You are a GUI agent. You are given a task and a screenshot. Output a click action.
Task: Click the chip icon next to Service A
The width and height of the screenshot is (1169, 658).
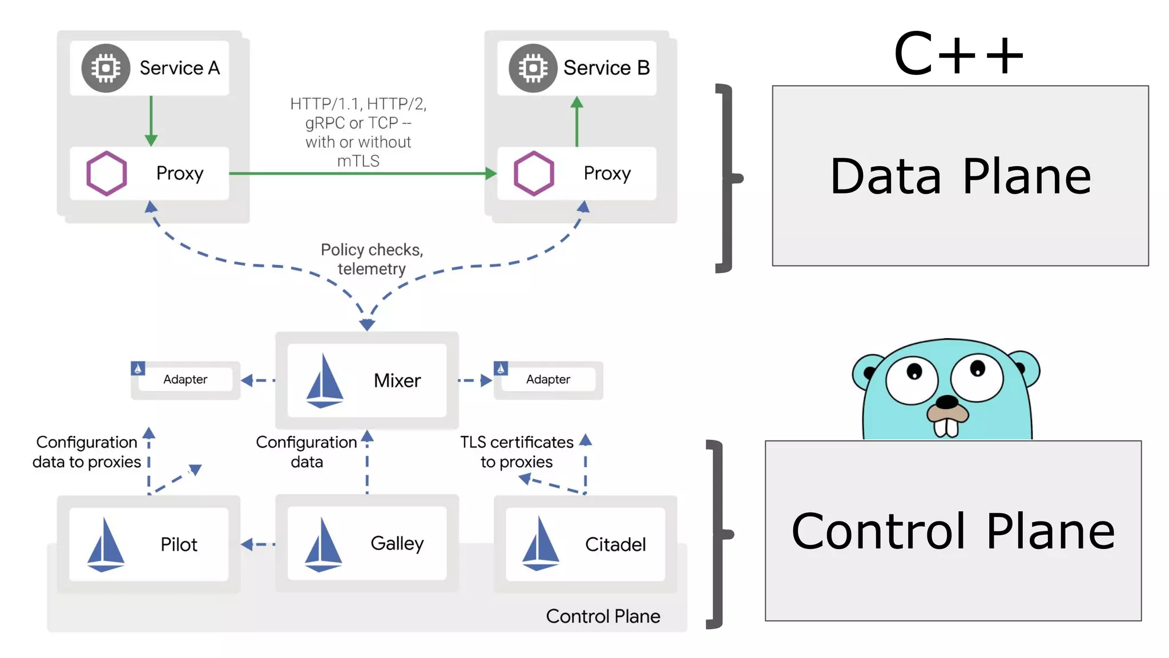pyautogui.click(x=106, y=68)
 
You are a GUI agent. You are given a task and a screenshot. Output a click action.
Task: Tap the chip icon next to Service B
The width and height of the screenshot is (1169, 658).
pyautogui.click(x=533, y=68)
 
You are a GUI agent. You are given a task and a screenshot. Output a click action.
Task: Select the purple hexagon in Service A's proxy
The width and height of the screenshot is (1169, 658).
pyautogui.click(x=106, y=173)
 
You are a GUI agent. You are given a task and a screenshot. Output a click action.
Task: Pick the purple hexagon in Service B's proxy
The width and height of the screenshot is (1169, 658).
pyautogui.click(x=534, y=173)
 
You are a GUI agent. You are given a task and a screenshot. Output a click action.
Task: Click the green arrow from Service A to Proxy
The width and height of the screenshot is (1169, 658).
pyautogui.click(x=151, y=121)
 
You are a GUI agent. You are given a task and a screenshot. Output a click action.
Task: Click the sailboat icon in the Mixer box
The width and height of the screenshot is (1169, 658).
pyautogui.click(x=324, y=381)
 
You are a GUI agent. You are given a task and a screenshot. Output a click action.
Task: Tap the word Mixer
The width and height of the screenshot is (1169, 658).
pyautogui.click(x=397, y=381)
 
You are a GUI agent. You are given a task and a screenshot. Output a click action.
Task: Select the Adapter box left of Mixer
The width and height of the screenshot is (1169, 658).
pyautogui.click(x=185, y=380)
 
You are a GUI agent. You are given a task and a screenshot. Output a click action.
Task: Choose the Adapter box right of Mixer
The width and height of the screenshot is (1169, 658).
pyautogui.click(x=548, y=380)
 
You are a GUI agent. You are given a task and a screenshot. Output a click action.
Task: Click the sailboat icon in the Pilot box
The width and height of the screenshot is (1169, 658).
pyautogui.click(x=106, y=544)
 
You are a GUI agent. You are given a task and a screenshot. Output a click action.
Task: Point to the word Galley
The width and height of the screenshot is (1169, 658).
pyautogui.click(x=397, y=544)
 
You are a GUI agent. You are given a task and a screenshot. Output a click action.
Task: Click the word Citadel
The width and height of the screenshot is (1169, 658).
pyautogui.click(x=615, y=544)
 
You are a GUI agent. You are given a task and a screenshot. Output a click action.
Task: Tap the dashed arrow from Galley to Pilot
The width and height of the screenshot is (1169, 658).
pyautogui.click(x=258, y=544)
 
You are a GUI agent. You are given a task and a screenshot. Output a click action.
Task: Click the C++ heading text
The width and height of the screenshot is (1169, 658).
pyautogui.click(x=959, y=54)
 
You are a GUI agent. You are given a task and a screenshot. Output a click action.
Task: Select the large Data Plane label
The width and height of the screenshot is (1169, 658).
pyautogui.click(x=960, y=176)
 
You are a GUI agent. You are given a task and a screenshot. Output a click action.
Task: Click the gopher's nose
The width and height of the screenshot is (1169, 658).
pyautogui.click(x=948, y=402)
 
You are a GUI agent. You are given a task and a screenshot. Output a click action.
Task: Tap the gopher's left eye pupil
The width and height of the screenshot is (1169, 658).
pyautogui.click(x=914, y=372)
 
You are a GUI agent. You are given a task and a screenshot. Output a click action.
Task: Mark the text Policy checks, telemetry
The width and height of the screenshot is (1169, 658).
pyautogui.click(x=372, y=259)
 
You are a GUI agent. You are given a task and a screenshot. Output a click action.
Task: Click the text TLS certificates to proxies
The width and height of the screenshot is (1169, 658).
pyautogui.click(x=517, y=452)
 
